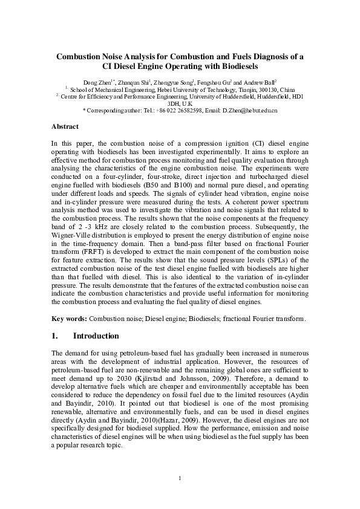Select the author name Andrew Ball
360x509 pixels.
click(260, 82)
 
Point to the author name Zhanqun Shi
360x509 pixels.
click(132, 82)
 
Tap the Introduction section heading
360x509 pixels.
click(96, 336)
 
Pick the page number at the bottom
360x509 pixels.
click(180, 479)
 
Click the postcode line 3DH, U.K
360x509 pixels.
click(180, 103)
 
